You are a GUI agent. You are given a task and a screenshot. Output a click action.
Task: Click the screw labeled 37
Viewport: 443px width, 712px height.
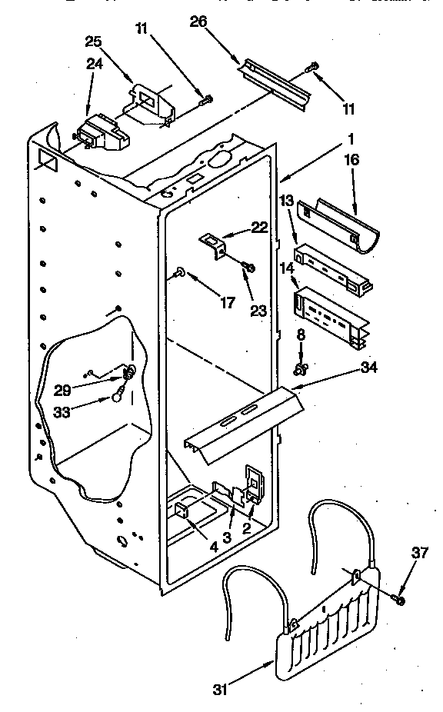(x=398, y=598)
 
